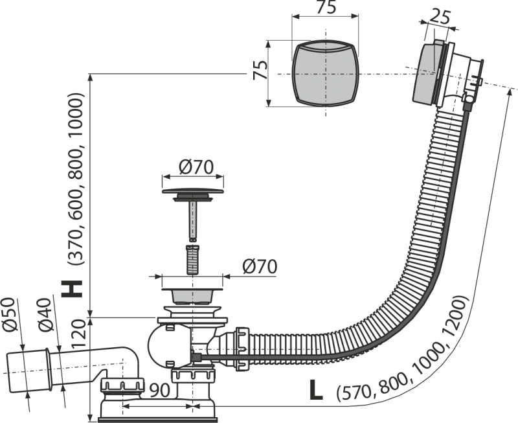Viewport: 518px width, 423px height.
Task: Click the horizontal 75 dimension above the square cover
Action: point(326,7)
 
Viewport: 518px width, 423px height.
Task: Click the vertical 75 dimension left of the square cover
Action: point(260,70)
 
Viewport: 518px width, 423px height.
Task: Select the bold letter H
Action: point(72,289)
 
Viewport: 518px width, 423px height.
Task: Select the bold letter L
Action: point(315,389)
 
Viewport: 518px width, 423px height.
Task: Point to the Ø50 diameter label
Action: point(9,314)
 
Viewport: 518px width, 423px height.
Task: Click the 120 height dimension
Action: point(79,334)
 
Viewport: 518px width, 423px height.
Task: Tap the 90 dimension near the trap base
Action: point(160,391)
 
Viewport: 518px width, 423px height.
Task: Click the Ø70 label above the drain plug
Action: point(196,167)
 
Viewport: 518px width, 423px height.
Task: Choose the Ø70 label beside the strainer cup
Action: point(260,266)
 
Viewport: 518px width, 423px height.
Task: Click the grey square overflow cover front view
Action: point(326,74)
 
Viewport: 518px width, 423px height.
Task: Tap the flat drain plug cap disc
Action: point(192,191)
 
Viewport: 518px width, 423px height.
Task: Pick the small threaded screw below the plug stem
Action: point(192,259)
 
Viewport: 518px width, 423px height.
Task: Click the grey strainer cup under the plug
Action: point(192,295)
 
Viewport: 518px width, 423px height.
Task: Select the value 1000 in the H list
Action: point(76,113)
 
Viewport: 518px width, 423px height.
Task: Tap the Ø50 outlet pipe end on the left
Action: point(28,372)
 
